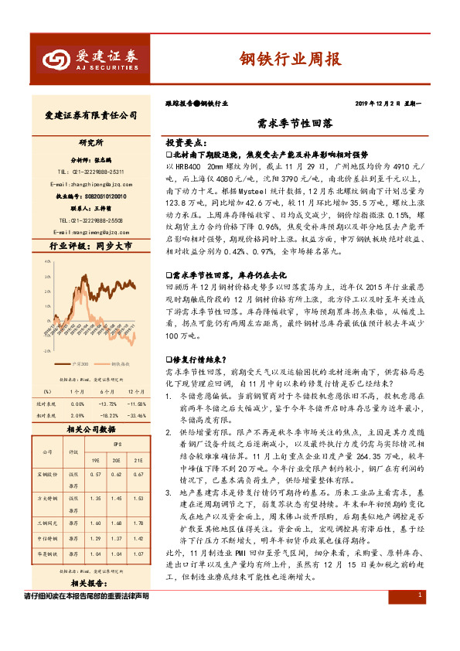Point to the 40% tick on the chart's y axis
click(x=48, y=261)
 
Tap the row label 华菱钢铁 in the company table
click(x=49, y=553)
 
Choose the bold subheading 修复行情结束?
click(x=198, y=359)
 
